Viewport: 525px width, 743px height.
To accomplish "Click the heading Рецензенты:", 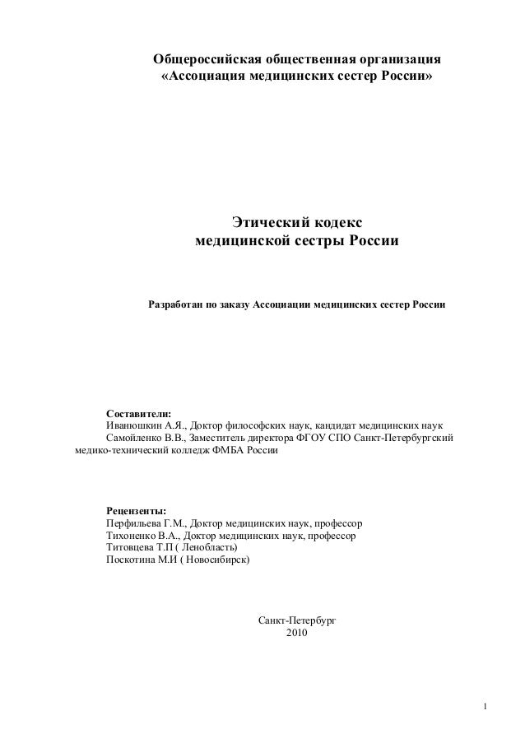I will click(x=136, y=511).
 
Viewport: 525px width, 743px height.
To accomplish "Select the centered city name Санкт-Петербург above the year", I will click(x=297, y=622).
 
